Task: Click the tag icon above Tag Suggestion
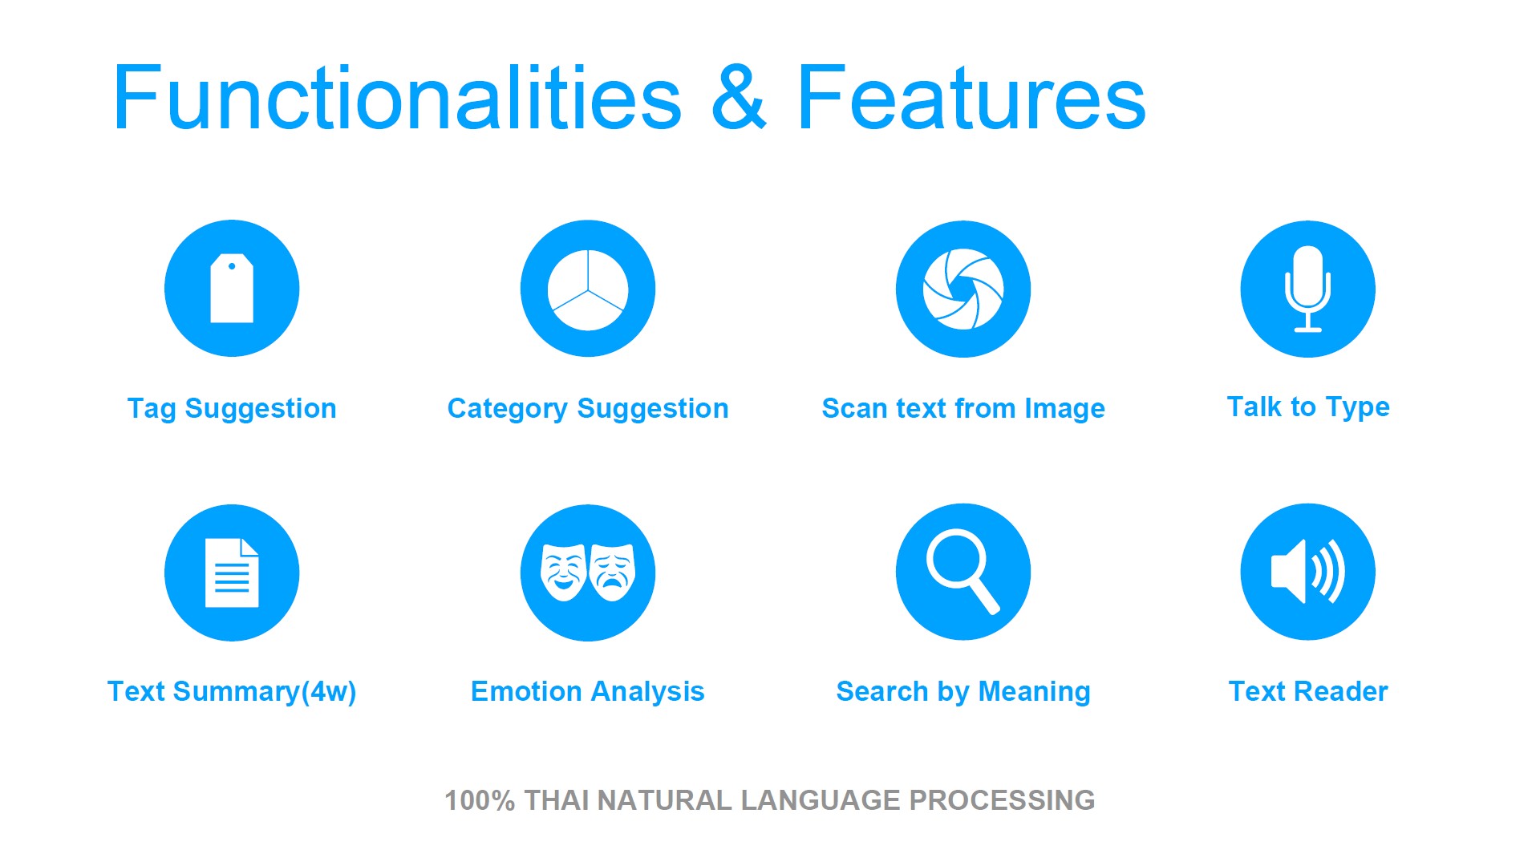point(232,289)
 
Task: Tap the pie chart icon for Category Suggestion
point(588,289)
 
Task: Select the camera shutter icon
point(963,289)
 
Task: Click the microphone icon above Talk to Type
point(1308,289)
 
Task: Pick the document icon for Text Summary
point(232,573)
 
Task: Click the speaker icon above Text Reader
point(1308,572)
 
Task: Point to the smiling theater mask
point(563,572)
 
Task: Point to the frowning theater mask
point(613,572)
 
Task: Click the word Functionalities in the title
point(398,98)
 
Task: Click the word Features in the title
point(971,98)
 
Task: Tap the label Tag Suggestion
point(232,408)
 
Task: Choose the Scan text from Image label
point(963,408)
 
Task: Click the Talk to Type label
point(1308,407)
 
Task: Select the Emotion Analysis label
point(588,691)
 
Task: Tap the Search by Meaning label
point(963,691)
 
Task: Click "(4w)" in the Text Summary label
point(329,691)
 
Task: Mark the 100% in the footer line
point(480,800)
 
